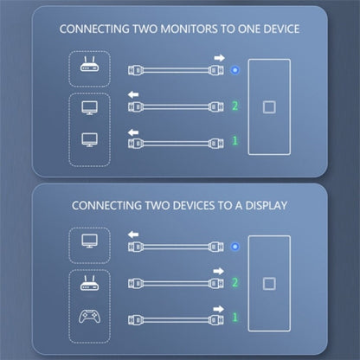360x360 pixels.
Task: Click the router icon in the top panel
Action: pos(89,64)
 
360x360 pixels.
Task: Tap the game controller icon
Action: pos(89,317)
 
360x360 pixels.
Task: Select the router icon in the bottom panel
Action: pos(89,283)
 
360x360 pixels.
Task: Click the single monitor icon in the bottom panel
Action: pos(89,241)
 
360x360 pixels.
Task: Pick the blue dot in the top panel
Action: pos(235,70)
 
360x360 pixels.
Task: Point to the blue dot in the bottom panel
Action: pos(235,247)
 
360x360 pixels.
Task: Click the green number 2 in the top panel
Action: pos(235,106)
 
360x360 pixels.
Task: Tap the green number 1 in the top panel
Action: pos(235,141)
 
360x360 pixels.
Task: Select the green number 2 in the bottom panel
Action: pos(235,283)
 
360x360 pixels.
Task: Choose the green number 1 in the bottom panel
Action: pos(235,318)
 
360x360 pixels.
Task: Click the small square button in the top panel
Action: pos(269,107)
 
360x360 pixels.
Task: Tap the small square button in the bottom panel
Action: pos(269,284)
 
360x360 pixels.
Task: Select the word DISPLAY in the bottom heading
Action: pos(267,206)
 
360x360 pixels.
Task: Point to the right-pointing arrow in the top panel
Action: pos(219,58)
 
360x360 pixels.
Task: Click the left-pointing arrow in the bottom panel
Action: pos(133,235)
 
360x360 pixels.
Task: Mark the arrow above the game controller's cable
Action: pos(219,309)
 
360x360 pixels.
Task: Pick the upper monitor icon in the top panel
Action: pos(89,108)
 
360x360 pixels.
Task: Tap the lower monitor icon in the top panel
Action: pos(89,140)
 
